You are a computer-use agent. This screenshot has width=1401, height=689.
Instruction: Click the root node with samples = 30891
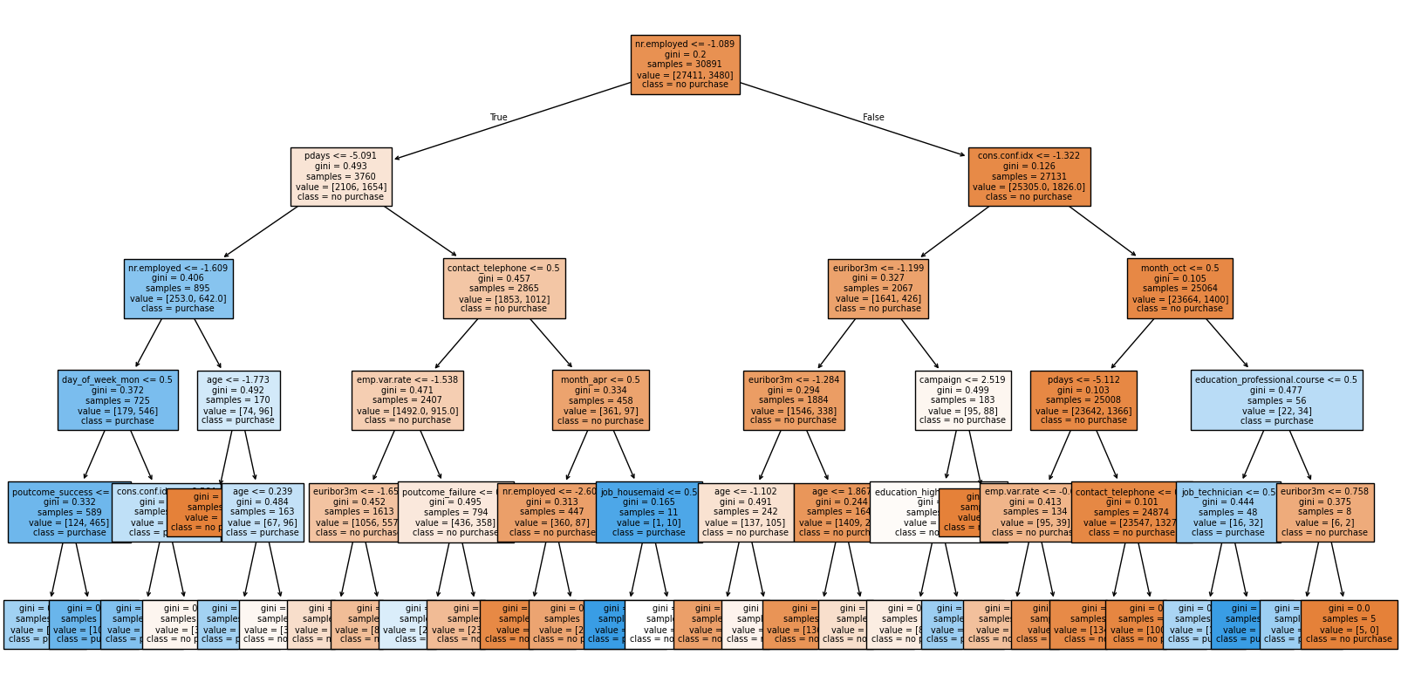[x=685, y=65]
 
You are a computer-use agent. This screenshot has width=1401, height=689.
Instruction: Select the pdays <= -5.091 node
[x=341, y=176]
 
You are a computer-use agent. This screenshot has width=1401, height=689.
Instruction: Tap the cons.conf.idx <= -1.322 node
[x=1029, y=176]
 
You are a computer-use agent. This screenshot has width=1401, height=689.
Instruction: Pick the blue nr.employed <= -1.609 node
[x=178, y=288]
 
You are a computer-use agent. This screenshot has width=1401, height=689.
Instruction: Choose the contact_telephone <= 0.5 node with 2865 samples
[x=504, y=288]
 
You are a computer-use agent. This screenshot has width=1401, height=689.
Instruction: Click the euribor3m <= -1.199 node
[x=878, y=288]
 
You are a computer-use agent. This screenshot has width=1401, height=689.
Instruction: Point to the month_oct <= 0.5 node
[x=1179, y=288]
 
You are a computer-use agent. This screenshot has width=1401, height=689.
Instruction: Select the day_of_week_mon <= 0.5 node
[x=118, y=400]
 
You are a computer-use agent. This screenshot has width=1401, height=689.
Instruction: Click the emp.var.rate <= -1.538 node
[x=407, y=400]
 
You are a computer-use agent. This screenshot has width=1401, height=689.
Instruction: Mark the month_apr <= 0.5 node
[x=600, y=400]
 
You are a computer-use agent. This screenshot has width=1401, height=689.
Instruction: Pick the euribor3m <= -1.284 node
[x=794, y=400]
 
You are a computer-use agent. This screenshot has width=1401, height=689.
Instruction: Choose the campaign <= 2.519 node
[x=963, y=400]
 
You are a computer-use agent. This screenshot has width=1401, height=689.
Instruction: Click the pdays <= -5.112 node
[x=1083, y=400]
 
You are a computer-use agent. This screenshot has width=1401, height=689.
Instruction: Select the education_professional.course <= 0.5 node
[x=1276, y=400]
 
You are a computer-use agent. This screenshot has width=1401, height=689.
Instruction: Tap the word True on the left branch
[x=498, y=117]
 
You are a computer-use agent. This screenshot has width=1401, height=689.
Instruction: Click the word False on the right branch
[x=873, y=117]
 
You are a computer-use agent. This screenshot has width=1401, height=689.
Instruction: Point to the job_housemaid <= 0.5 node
[x=649, y=512]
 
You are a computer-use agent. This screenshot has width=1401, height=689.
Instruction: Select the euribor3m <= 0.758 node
[x=1325, y=512]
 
